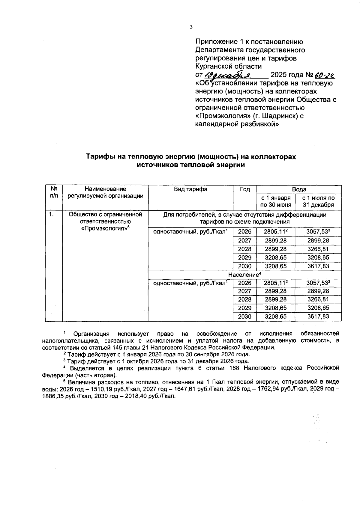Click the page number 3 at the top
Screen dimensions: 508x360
click(191, 27)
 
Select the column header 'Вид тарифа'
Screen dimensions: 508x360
click(190, 189)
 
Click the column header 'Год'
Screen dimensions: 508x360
click(245, 189)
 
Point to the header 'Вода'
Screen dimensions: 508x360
click(299, 189)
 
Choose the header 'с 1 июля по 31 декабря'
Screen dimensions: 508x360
click(318, 201)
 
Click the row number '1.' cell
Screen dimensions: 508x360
click(52, 215)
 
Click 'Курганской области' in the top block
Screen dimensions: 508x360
click(228, 66)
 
